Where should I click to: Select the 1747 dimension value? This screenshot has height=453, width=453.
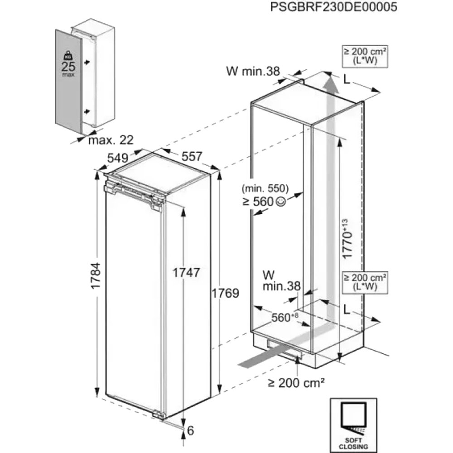point(186,272)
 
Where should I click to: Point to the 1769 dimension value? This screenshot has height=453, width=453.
point(225,293)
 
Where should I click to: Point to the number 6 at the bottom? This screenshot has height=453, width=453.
point(190,431)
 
